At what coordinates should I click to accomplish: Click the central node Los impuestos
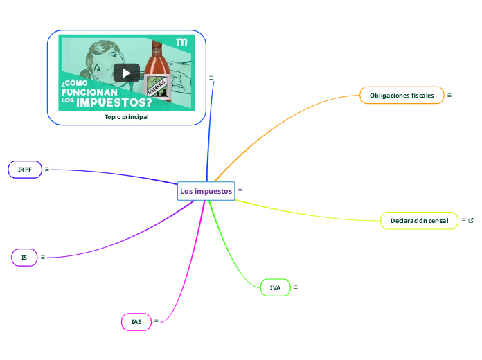tap(206, 191)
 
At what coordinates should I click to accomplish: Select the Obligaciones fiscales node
tap(402, 95)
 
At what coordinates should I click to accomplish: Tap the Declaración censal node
tap(419, 221)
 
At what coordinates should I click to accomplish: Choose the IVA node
tap(275, 287)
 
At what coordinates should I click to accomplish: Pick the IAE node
tap(136, 322)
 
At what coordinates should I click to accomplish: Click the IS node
tap(24, 258)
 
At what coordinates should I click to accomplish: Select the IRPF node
tap(25, 170)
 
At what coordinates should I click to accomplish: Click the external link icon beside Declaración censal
tap(471, 220)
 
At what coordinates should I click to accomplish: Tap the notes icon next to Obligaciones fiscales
tap(449, 95)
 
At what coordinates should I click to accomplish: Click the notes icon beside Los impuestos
tap(240, 190)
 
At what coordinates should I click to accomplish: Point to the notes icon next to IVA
tap(296, 287)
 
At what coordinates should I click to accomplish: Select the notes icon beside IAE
tap(157, 321)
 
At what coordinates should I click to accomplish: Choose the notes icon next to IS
tap(43, 257)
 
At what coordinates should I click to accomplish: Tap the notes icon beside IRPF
tap(47, 169)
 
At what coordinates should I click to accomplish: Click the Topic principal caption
tap(126, 117)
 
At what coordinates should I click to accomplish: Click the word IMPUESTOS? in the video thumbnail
tap(114, 102)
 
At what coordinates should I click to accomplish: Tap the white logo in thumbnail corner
tap(182, 43)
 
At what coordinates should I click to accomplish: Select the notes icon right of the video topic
tap(211, 78)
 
